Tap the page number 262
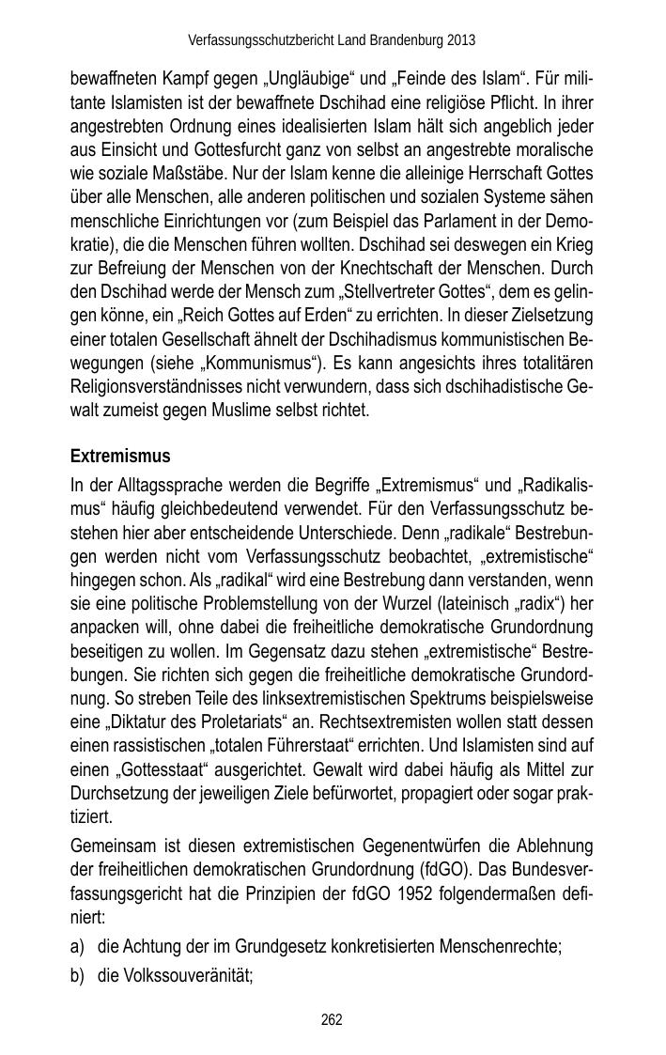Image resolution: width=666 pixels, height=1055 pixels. click(332, 1019)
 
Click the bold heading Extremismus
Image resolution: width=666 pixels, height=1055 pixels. click(120, 457)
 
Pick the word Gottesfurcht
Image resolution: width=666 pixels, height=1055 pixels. click(225, 150)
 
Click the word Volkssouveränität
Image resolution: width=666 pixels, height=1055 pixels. click(175, 977)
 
